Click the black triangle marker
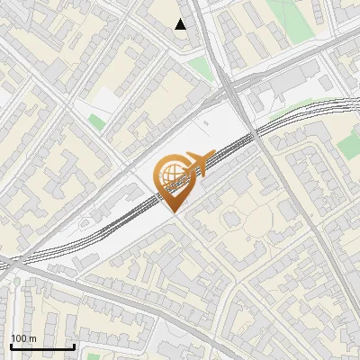181,24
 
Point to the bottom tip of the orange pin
175,211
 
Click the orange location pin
174,180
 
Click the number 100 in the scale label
18,338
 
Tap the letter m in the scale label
32,338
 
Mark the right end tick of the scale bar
74,346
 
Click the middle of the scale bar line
41,347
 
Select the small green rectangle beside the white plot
96,121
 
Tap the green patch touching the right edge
355,130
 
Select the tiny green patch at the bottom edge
94,356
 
